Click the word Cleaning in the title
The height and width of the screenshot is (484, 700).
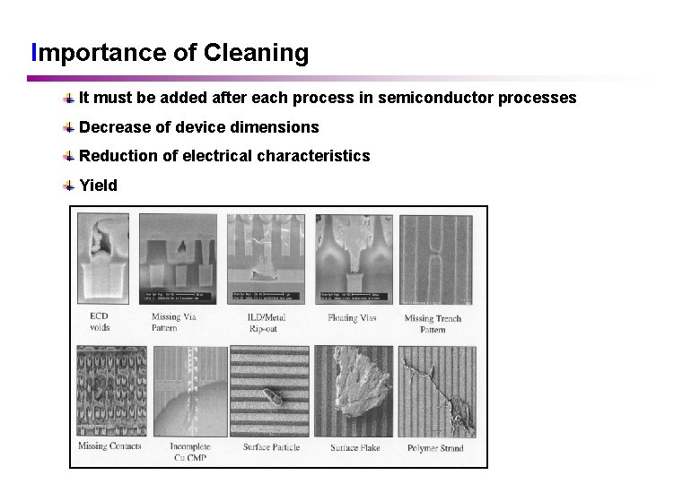(256, 53)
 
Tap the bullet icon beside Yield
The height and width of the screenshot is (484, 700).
(69, 186)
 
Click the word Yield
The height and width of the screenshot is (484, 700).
(98, 186)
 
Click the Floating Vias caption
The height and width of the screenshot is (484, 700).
(354, 317)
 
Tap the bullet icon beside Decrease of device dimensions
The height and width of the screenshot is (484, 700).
(69, 126)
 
